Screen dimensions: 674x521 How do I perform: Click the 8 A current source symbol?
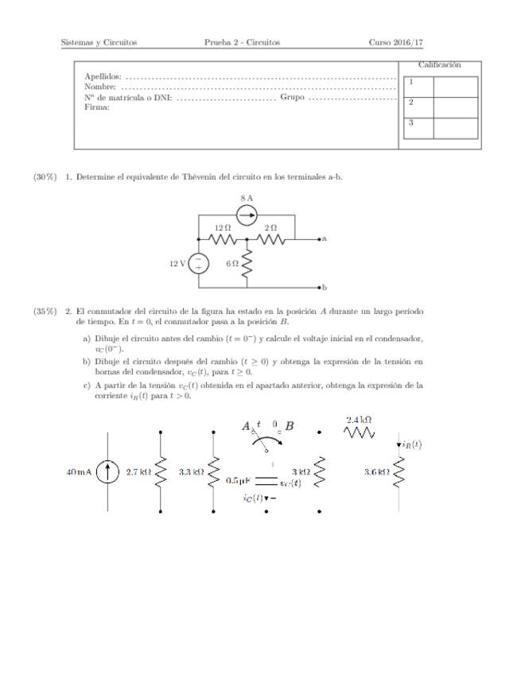click(x=247, y=215)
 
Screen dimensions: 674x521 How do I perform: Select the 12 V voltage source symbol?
click(x=199, y=263)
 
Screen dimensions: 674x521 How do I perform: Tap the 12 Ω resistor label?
click(x=222, y=227)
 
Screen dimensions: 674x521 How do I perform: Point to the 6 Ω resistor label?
click(x=232, y=263)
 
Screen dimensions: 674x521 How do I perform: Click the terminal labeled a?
click(x=320, y=238)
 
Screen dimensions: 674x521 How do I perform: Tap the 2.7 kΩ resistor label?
click(x=139, y=471)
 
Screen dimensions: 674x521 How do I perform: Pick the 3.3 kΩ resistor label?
click(x=192, y=471)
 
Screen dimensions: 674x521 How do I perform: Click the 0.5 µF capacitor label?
click(x=239, y=481)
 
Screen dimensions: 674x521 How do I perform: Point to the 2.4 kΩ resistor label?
click(x=360, y=419)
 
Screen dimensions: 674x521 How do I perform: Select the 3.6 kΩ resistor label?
click(x=375, y=471)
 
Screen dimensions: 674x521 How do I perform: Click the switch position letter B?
click(x=290, y=426)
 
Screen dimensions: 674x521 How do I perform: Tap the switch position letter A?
click(x=247, y=426)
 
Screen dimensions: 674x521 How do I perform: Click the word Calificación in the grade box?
click(x=439, y=64)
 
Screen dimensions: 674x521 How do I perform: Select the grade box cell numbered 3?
click(x=410, y=122)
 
